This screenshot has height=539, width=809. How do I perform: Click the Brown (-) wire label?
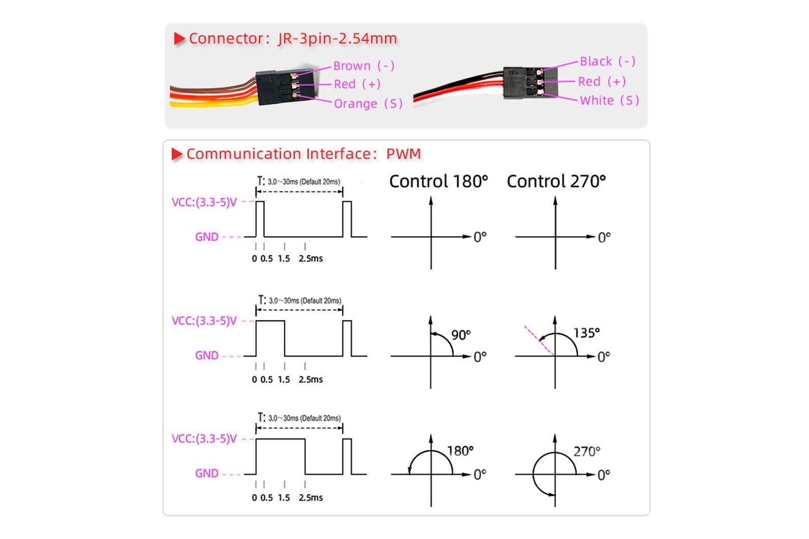click(x=364, y=66)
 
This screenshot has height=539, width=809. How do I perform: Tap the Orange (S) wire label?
click(x=368, y=104)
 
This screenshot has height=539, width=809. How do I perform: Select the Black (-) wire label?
click(x=608, y=61)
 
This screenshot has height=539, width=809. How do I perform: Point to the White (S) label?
click(x=610, y=100)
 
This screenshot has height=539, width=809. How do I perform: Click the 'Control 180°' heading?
click(x=439, y=181)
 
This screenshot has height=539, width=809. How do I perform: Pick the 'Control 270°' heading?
click(x=556, y=181)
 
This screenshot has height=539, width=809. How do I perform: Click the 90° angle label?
click(x=461, y=335)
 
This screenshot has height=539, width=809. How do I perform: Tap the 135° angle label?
click(x=587, y=333)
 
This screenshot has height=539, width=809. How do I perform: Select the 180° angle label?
click(x=460, y=451)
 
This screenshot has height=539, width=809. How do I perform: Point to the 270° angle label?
click(x=587, y=451)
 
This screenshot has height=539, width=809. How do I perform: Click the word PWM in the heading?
click(x=403, y=154)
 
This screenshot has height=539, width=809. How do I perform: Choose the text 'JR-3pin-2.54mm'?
click(x=337, y=39)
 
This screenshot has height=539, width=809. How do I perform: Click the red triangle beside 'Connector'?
click(x=180, y=39)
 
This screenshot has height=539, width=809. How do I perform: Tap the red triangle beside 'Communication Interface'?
click(x=177, y=154)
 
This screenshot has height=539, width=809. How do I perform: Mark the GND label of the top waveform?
click(x=207, y=237)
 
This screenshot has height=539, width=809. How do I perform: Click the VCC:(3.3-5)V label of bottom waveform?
click(x=204, y=439)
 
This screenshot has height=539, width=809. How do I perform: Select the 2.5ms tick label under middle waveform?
click(x=310, y=379)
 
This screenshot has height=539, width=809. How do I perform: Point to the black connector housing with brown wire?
click(x=285, y=86)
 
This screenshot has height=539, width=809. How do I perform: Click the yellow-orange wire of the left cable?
click(x=213, y=103)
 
